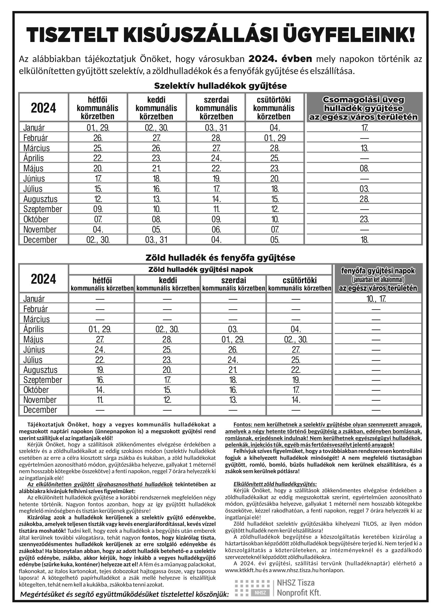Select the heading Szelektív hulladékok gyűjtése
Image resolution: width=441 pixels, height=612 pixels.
pyautogui.click(x=220, y=86)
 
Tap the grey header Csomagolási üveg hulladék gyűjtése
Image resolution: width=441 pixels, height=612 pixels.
pyautogui.click(x=363, y=108)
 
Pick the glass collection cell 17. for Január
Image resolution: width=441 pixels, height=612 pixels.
pyautogui.click(x=364, y=128)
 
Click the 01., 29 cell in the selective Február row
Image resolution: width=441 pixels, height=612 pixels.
pyautogui.click(x=275, y=138)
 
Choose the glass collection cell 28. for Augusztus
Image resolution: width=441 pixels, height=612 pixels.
pyautogui.click(x=364, y=199)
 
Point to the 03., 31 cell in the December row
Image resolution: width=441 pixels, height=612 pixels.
pyautogui.click(x=156, y=240)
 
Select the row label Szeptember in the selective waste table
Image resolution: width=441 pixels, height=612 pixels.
pyautogui.click(x=43, y=209)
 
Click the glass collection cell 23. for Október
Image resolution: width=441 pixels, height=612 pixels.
pyautogui.click(x=364, y=219)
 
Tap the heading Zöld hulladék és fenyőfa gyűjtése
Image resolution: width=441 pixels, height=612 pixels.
pyautogui.click(x=220, y=258)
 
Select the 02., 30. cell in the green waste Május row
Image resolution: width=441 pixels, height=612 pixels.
pyautogui.click(x=296, y=339)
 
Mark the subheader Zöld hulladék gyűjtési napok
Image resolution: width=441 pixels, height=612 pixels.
pyautogui.click(x=201, y=270)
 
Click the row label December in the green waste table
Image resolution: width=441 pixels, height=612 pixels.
pyautogui.click(x=40, y=410)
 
